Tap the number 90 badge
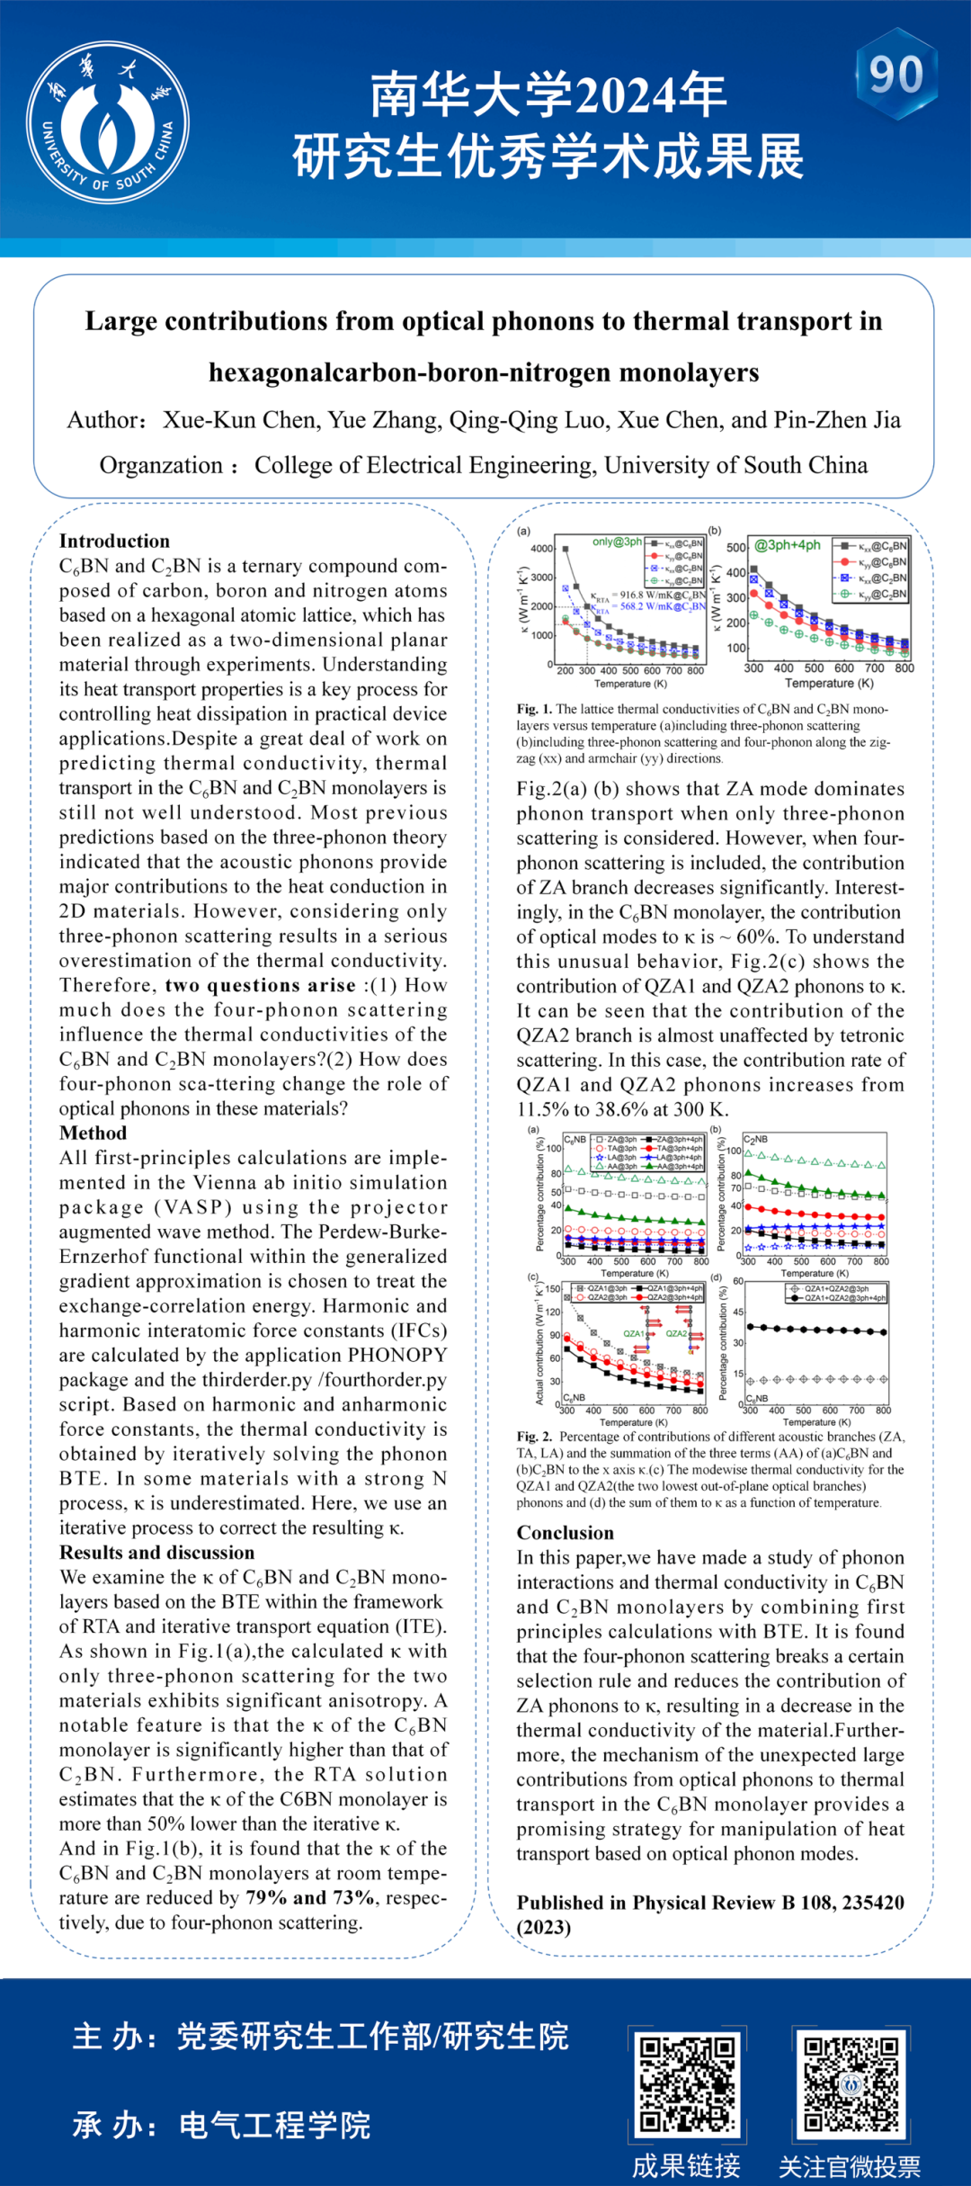click(896, 74)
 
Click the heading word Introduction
click(114, 541)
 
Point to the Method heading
click(93, 1133)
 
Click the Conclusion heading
click(565, 1533)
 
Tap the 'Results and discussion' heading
click(156, 1553)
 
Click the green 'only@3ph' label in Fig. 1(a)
click(617, 542)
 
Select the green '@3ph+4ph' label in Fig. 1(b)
click(788, 545)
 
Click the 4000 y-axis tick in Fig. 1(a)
click(542, 549)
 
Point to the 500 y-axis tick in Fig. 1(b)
click(736, 548)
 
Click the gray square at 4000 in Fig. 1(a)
click(566, 548)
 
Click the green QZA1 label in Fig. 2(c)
click(634, 1333)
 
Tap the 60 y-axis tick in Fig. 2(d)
click(738, 1281)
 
